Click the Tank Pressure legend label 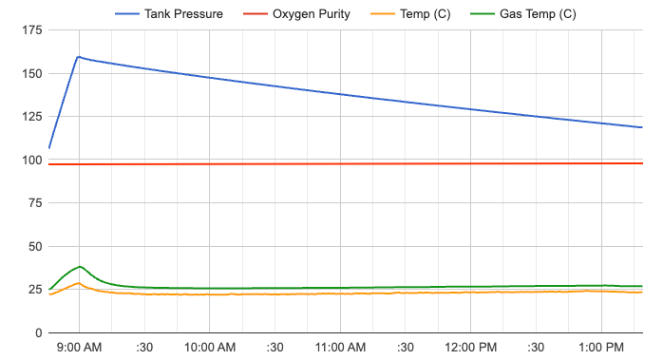[x=183, y=14]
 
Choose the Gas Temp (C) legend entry [x=536, y=14]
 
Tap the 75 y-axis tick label [x=33, y=203]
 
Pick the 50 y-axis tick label [x=33, y=247]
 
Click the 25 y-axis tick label [x=33, y=290]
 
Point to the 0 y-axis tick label [x=37, y=333]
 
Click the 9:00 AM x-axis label [x=79, y=348]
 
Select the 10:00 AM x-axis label [x=210, y=348]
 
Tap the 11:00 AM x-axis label [x=340, y=348]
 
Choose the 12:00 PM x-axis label [x=471, y=348]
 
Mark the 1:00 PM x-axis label [x=601, y=348]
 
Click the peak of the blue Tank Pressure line [x=78, y=57]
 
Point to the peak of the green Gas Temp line [x=81, y=267]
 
